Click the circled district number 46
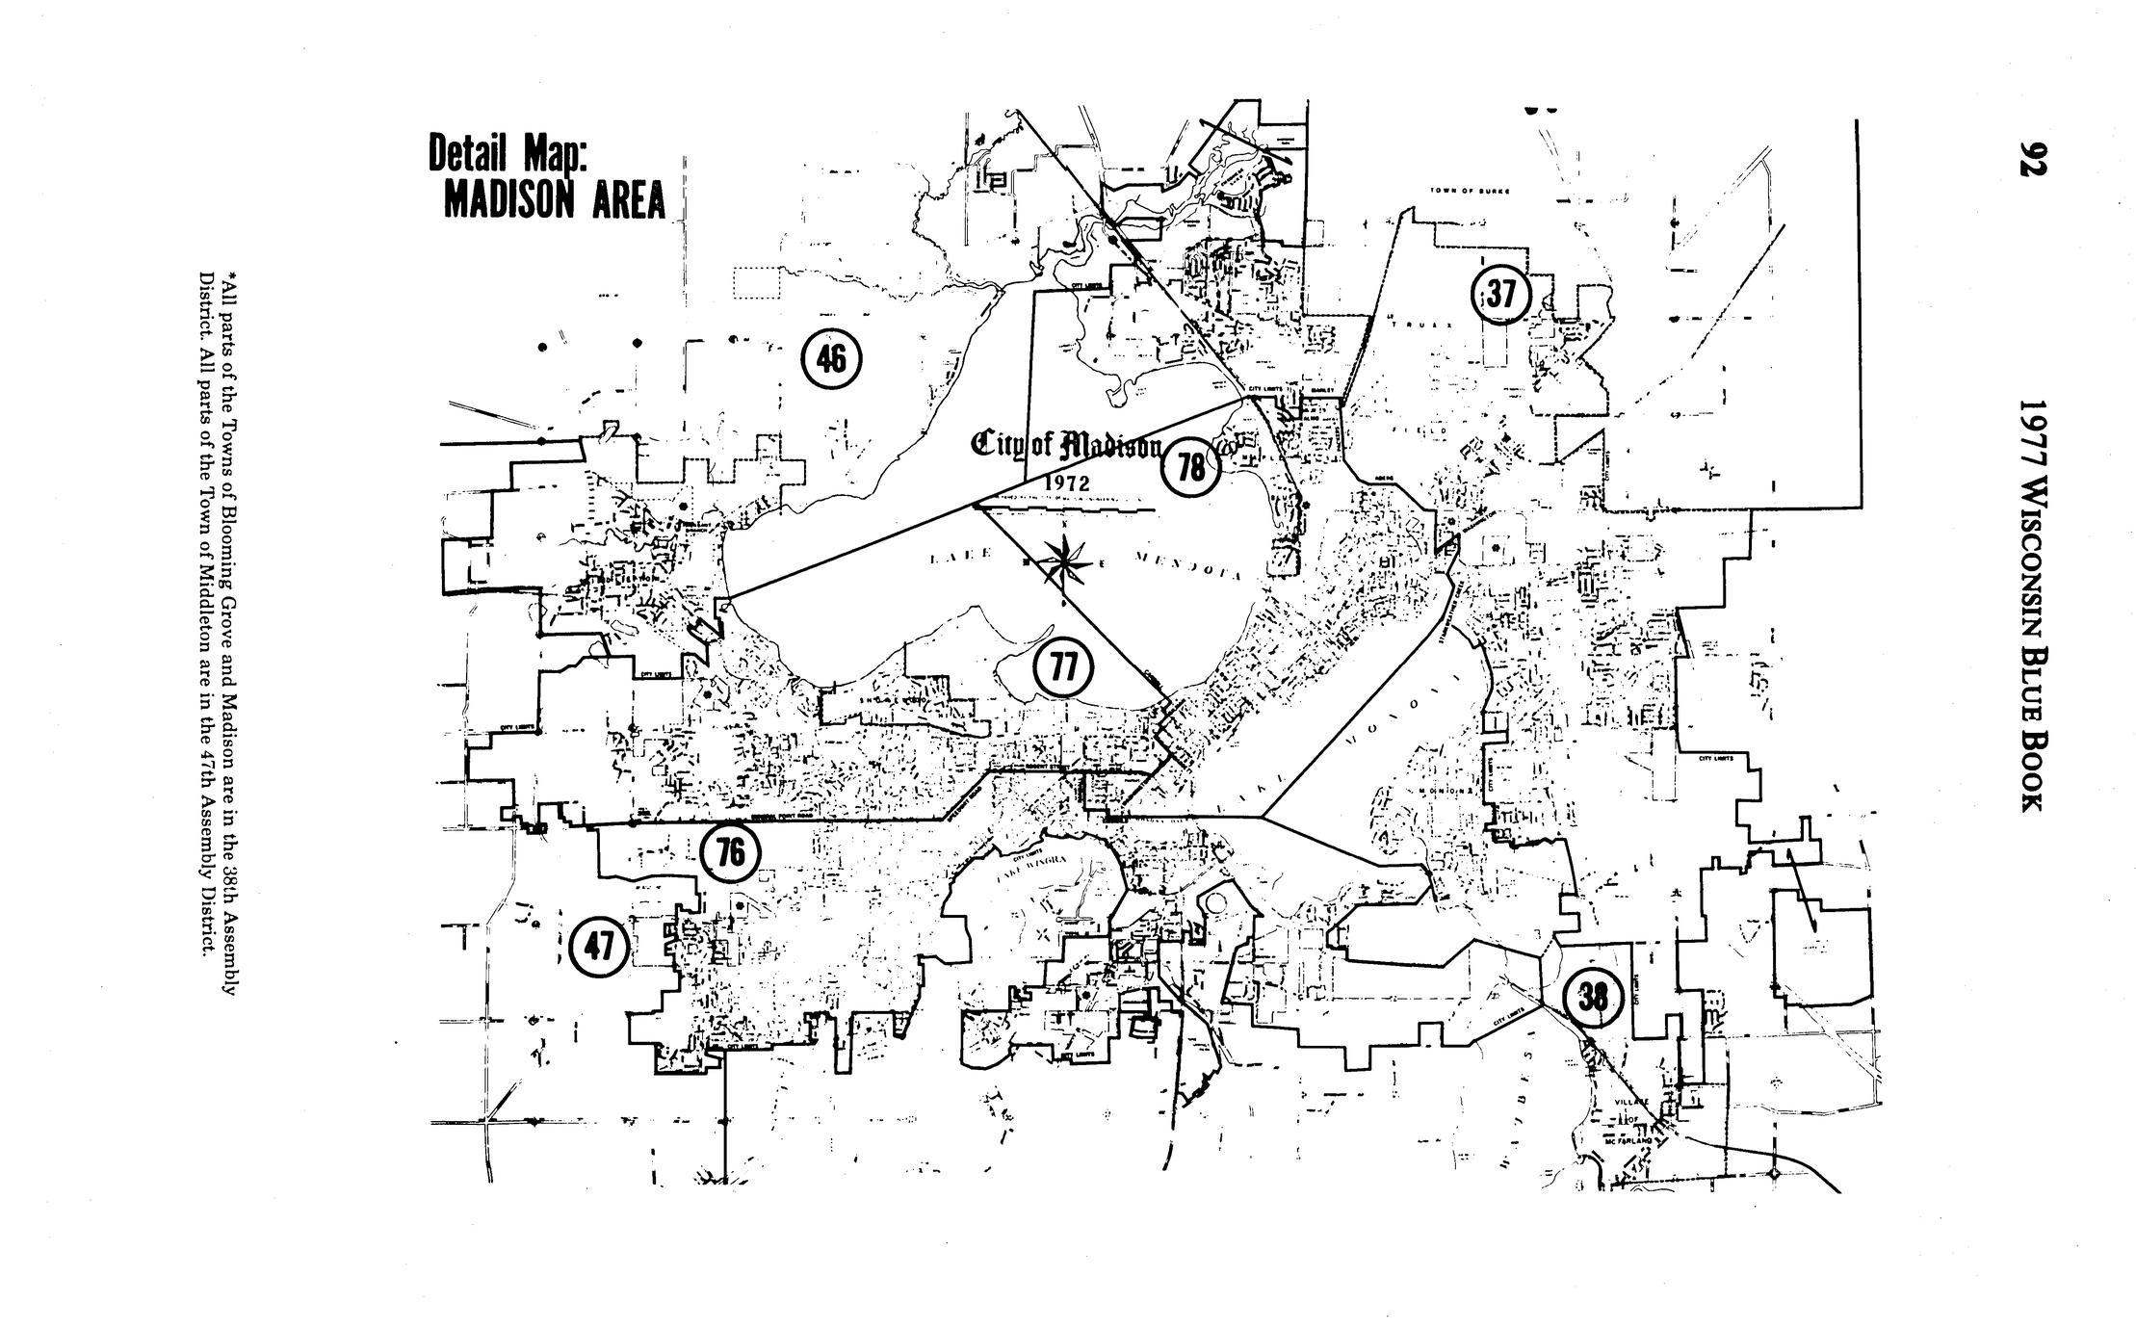pyautogui.click(x=831, y=360)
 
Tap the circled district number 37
pyautogui.click(x=1499, y=295)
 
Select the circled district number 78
pyautogui.click(x=1191, y=469)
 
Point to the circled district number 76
pyautogui.click(x=730, y=853)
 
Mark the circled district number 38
pyautogui.click(x=1594, y=999)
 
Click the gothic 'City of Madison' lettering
pyautogui.click(x=1068, y=446)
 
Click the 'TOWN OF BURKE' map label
pyautogui.click(x=1469, y=191)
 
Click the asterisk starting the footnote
pyautogui.click(x=228, y=280)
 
